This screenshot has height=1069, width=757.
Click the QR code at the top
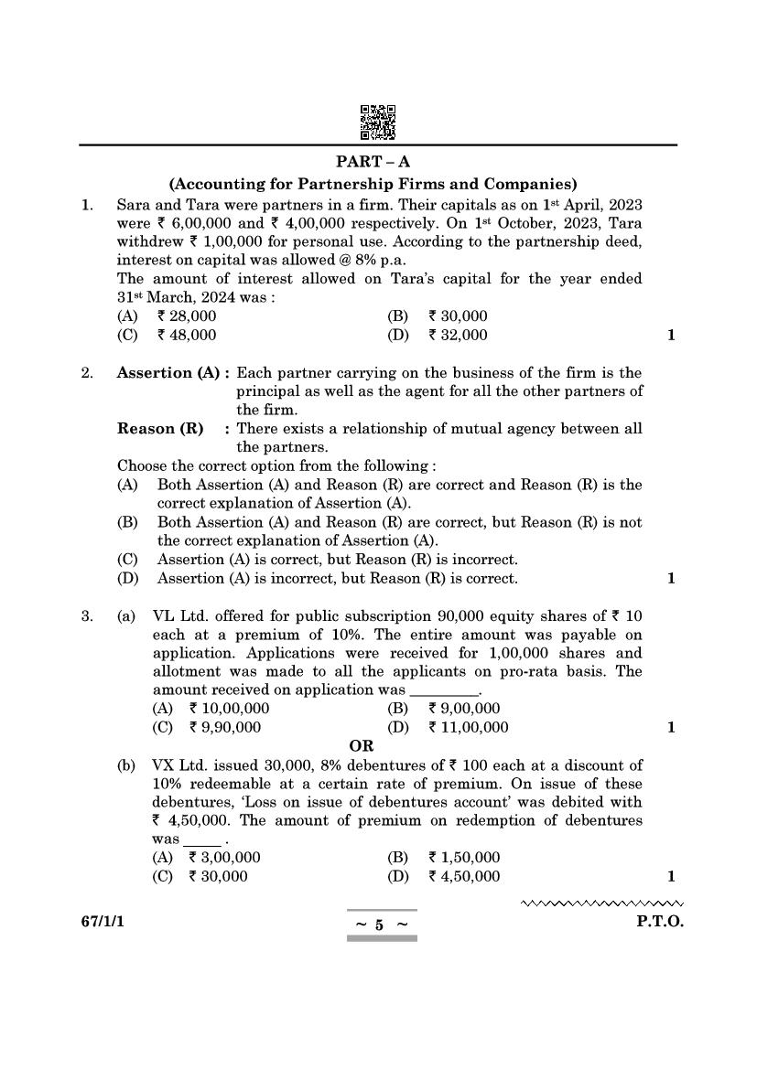378,123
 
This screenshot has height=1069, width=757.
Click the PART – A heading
379,162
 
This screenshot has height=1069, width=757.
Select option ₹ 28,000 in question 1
187,316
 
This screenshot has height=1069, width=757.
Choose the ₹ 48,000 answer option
187,335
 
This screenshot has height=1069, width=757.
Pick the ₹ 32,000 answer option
458,335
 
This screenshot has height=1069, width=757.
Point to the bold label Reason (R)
160,429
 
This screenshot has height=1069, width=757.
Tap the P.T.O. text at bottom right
660,922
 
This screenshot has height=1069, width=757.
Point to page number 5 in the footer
379,925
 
